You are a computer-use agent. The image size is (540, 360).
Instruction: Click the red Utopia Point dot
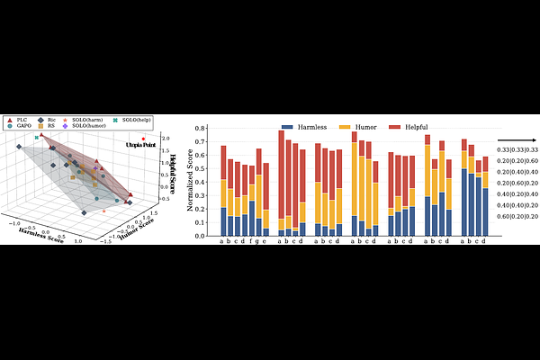pos(143,139)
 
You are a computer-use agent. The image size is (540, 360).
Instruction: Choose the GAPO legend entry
pos(20,126)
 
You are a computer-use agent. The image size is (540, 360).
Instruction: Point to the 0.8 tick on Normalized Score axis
pos(206,131)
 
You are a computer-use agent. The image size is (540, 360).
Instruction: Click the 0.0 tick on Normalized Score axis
pos(206,236)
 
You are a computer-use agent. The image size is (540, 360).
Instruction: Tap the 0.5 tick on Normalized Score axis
pos(206,171)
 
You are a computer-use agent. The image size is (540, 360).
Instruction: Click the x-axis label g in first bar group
pos(258,242)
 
